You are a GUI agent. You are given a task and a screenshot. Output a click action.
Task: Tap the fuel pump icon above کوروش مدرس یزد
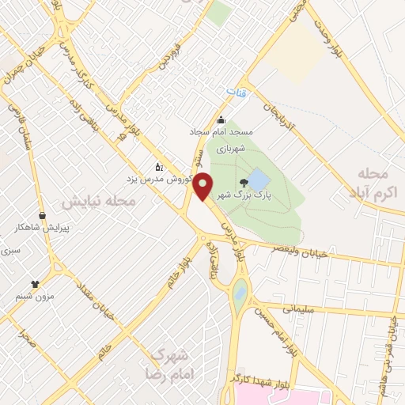click(159, 167)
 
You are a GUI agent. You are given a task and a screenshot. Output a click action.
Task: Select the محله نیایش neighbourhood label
click(99, 202)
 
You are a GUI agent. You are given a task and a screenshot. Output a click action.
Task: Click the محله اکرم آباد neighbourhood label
click(375, 182)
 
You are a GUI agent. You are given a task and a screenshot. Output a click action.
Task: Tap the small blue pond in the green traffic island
click(240, 296)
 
